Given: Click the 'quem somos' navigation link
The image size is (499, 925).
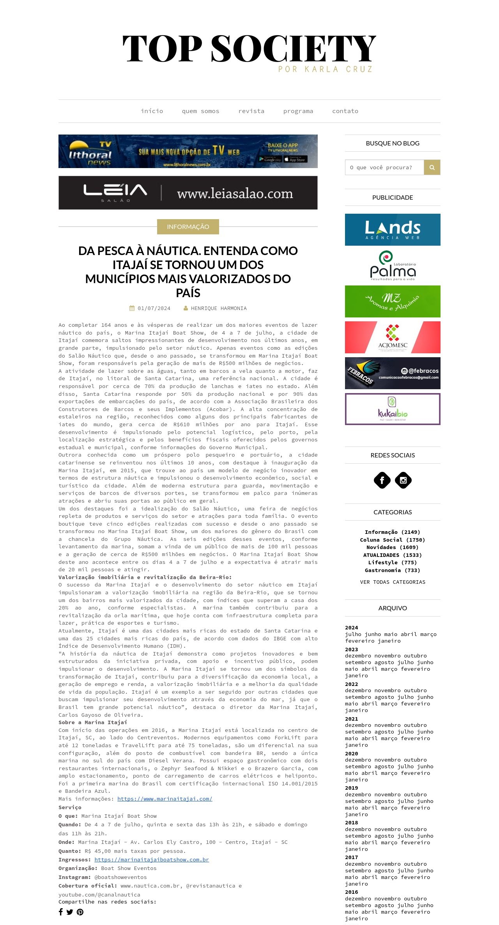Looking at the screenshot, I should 200,111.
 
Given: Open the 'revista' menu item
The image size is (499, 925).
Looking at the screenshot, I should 251,111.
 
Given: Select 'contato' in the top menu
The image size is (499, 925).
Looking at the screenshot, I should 345,111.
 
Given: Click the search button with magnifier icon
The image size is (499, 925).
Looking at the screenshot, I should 432,167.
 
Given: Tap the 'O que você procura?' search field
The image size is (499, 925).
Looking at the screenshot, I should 384,167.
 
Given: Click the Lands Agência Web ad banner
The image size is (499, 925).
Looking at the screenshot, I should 393,230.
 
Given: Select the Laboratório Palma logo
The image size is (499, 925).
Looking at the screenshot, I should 393,266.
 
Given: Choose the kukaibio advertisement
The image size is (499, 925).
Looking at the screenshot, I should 393,409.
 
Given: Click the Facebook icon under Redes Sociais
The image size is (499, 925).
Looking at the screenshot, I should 382,480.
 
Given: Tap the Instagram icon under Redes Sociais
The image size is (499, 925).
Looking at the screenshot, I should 403,480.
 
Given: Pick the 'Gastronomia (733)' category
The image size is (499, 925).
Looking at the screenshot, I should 393,570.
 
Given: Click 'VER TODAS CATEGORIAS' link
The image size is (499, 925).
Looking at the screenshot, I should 393,582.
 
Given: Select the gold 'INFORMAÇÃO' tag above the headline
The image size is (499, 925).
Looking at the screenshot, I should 188,227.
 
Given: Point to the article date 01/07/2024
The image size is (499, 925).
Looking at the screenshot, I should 154,308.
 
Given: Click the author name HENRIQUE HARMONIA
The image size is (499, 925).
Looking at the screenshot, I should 218,308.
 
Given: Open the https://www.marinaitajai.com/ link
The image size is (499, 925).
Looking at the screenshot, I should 165,799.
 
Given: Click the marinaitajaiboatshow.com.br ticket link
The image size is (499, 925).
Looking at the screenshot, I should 152,859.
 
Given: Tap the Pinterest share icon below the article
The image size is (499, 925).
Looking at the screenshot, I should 80,912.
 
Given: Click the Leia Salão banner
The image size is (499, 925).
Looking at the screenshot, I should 188,193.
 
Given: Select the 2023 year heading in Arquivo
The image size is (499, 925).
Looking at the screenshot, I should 351,649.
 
